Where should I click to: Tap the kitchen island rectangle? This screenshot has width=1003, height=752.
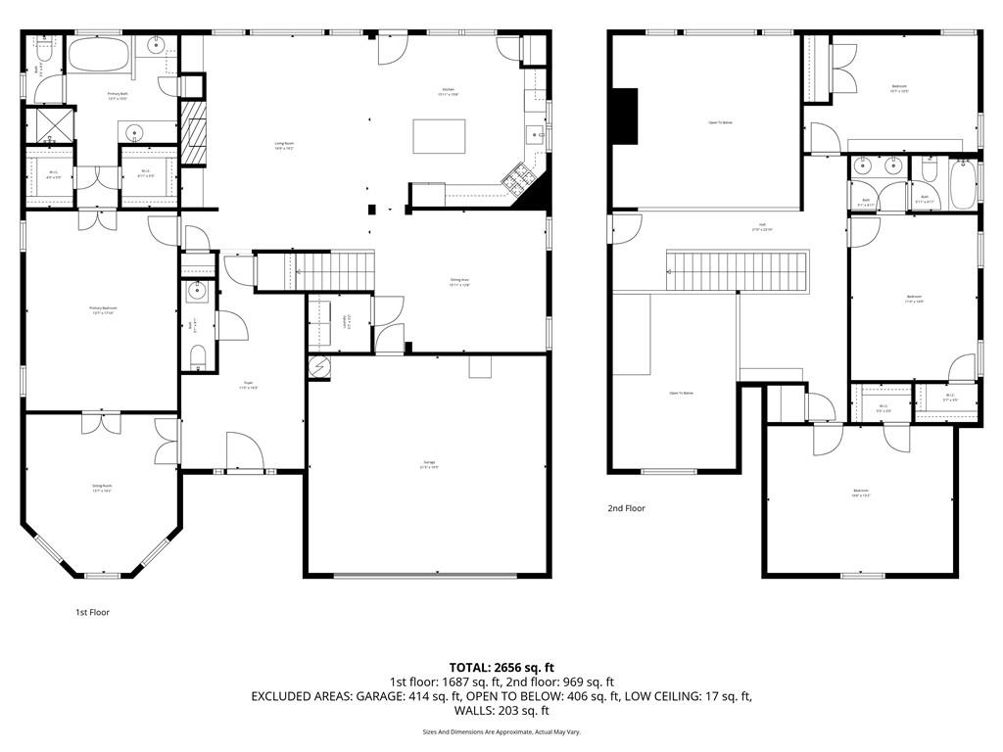(x=439, y=136)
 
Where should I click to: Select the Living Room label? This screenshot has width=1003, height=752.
(x=285, y=145)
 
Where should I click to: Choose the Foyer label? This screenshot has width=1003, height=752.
(x=248, y=386)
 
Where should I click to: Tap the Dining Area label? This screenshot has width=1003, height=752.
(x=459, y=282)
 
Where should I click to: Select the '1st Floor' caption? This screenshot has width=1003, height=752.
(x=93, y=612)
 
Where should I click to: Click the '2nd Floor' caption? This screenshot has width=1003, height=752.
(x=627, y=508)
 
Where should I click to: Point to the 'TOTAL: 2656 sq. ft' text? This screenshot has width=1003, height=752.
(x=501, y=668)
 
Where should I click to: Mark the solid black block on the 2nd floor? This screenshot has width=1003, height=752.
(x=624, y=117)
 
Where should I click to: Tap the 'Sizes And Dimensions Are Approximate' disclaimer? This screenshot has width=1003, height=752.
(x=501, y=731)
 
